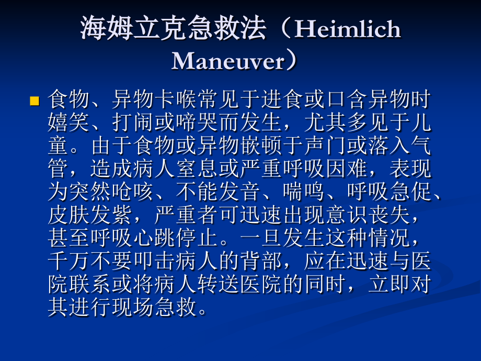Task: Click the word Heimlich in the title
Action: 348,29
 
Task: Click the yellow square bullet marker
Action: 35,100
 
